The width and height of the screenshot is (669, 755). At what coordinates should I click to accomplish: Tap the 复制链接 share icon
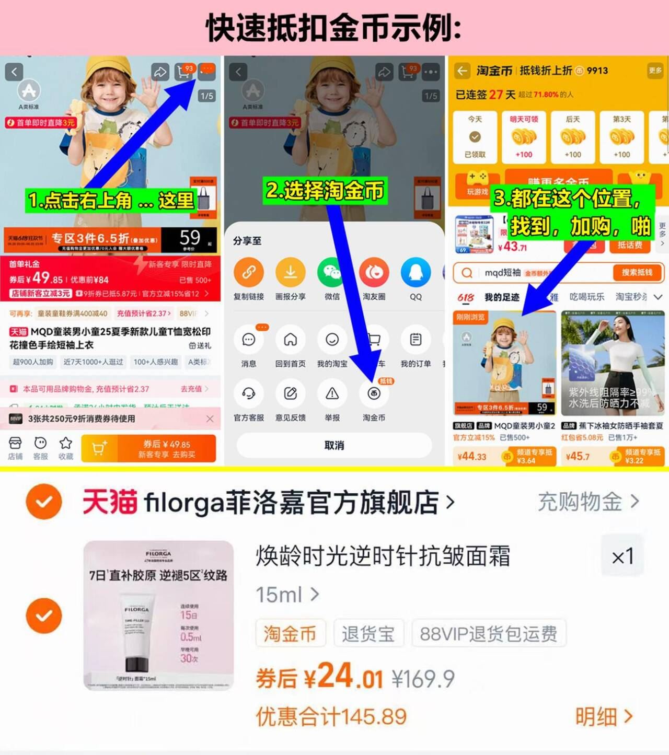(x=249, y=273)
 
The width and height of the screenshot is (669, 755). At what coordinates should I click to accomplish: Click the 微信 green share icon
(x=332, y=273)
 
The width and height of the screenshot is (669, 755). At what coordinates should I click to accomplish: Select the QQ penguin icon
(x=416, y=273)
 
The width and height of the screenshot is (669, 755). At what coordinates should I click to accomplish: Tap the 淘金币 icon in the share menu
(x=374, y=394)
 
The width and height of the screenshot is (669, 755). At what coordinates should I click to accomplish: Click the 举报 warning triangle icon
(x=332, y=394)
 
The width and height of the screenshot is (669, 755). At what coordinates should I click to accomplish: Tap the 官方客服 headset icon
(x=249, y=394)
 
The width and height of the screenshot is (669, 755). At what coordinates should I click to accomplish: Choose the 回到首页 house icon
(x=290, y=340)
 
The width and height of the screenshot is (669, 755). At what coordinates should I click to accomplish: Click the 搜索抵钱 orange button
(x=637, y=272)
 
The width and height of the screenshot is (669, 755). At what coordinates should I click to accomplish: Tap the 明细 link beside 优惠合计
(x=604, y=717)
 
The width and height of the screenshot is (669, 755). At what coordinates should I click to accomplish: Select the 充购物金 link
(x=588, y=502)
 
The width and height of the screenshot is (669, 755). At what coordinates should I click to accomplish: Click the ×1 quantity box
(x=622, y=556)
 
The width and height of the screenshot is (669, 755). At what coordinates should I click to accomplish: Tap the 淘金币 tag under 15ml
(x=290, y=634)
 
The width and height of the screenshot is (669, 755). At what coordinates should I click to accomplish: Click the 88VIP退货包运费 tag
(x=488, y=634)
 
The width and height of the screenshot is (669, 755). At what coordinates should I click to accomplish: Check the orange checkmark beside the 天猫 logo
(x=44, y=502)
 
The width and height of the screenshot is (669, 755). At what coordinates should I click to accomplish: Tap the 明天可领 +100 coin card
(x=524, y=137)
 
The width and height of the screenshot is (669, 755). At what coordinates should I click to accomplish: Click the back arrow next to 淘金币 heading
(x=462, y=71)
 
